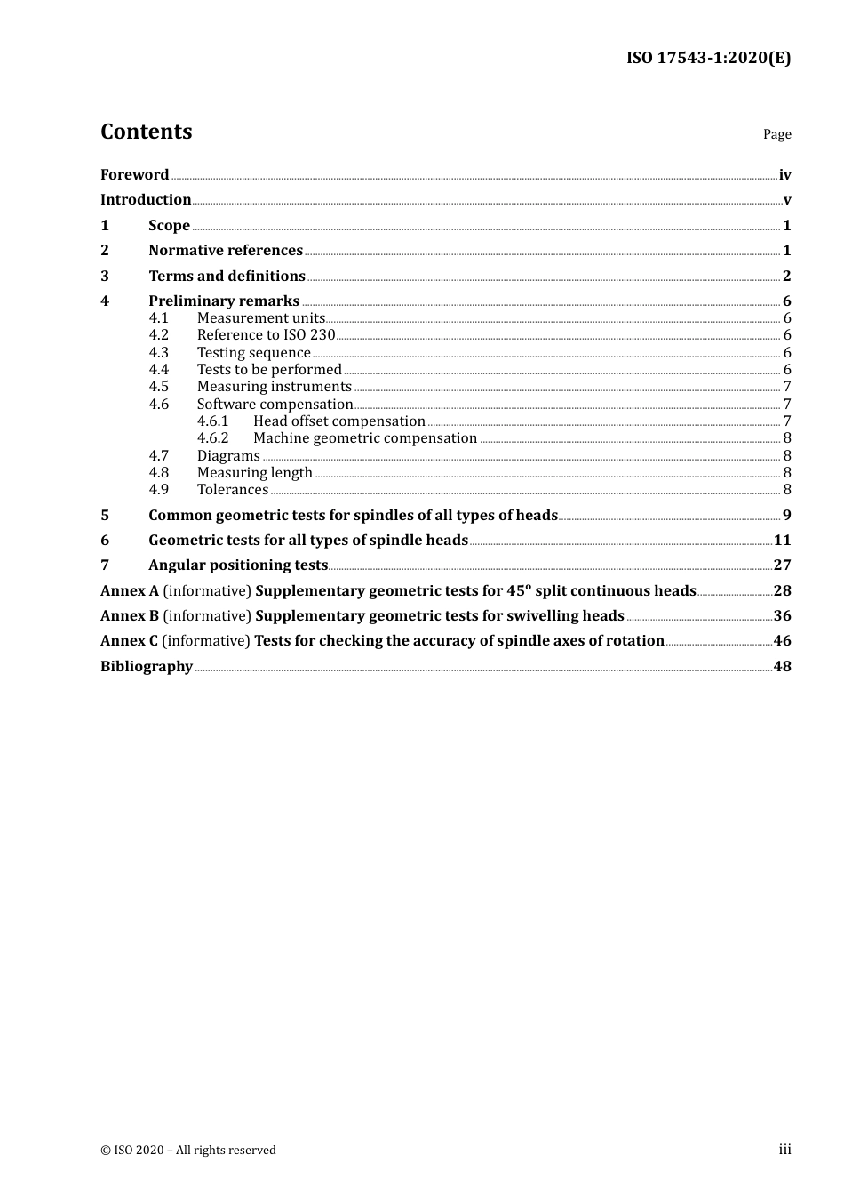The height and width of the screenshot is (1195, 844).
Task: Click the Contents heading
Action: point(146,132)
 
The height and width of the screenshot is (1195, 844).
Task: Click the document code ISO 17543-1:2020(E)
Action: point(708,58)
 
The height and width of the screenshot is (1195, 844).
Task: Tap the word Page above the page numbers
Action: point(776,134)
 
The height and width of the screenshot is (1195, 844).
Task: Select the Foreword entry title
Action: point(134,174)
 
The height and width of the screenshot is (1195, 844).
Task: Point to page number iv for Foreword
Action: point(784,174)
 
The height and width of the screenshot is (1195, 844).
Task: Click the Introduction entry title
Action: point(146,199)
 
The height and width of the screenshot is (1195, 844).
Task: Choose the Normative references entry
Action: point(226,250)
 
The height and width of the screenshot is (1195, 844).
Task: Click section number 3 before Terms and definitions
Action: point(105,276)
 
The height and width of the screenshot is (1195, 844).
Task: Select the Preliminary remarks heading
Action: point(224,301)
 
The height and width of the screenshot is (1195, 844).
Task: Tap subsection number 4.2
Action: point(159,335)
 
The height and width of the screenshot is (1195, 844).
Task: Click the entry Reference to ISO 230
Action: point(266,335)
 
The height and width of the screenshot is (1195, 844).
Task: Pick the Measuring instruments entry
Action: point(274,387)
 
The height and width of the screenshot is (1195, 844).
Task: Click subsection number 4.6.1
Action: point(213,421)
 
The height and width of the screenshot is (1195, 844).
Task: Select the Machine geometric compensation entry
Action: point(365,438)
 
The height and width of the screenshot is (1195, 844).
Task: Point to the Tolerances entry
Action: point(233,490)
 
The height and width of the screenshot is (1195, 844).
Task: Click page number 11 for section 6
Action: point(782,540)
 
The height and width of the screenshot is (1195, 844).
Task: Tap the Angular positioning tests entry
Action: point(238,565)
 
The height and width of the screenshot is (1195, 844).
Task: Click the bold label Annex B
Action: point(130,615)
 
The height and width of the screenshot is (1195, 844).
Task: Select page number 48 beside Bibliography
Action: point(782,666)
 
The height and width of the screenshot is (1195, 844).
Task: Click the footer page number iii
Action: point(784,1150)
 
